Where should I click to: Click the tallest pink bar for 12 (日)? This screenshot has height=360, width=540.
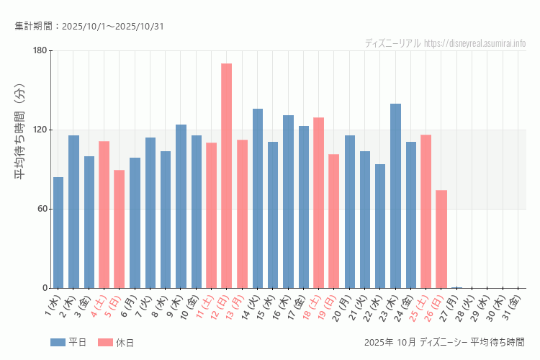click(x=226, y=176)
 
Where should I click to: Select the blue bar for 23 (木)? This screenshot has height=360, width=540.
click(x=395, y=196)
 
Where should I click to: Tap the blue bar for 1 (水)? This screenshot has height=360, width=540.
click(x=58, y=233)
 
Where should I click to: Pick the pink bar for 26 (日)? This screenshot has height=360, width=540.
click(x=441, y=239)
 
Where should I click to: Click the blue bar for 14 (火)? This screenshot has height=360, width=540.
click(x=258, y=198)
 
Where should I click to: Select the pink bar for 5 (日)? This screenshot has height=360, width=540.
click(x=120, y=229)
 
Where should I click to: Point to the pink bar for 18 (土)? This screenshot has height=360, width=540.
click(x=318, y=202)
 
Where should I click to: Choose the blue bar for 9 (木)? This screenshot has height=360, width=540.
click(x=181, y=206)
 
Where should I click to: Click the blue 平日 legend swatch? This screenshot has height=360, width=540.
click(x=58, y=342)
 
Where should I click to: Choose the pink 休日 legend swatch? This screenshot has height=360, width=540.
click(x=105, y=342)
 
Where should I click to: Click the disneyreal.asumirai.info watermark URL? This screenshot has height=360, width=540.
click(x=475, y=43)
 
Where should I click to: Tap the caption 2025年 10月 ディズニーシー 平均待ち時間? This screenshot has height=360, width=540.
click(x=444, y=342)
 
